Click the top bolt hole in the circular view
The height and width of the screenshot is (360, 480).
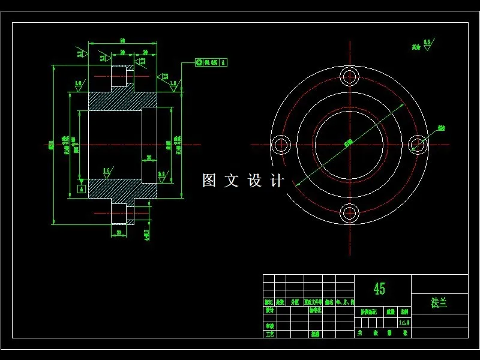(349, 76)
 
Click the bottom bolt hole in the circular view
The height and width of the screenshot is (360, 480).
(349, 212)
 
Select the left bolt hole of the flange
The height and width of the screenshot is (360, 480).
(281, 144)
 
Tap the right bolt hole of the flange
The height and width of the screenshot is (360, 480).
(418, 144)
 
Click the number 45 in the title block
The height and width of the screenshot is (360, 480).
(380, 289)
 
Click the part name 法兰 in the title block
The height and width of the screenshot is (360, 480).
(439, 303)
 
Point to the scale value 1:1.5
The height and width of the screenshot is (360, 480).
(404, 322)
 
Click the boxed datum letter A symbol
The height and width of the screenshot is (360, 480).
(82, 189)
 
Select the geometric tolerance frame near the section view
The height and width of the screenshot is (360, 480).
(211, 62)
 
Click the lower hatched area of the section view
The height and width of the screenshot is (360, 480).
(114, 188)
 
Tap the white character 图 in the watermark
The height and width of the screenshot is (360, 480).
(209, 181)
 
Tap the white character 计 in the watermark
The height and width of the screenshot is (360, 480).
(277, 181)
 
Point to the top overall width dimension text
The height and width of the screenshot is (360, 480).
(122, 40)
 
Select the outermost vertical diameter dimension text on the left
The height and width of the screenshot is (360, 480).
(51, 144)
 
